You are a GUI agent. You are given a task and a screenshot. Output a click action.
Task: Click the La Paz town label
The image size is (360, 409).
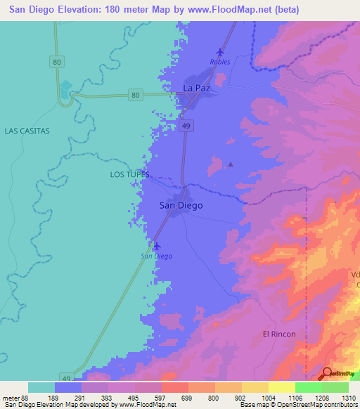197,88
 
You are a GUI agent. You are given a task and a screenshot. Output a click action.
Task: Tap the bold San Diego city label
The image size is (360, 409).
181,205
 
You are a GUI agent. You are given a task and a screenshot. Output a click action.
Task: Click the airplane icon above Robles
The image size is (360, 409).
220,52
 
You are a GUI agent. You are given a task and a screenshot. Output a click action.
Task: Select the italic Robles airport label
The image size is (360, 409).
220,62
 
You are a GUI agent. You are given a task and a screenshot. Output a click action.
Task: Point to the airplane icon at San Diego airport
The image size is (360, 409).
156,246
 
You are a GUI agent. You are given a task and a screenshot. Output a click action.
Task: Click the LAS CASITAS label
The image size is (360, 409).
27,131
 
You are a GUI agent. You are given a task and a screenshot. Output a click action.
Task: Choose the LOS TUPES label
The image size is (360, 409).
130,173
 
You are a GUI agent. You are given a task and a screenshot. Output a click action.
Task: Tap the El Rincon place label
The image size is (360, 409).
279,334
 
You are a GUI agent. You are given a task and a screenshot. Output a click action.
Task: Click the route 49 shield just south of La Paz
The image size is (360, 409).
191,124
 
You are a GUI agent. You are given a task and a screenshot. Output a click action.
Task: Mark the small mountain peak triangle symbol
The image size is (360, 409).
230,164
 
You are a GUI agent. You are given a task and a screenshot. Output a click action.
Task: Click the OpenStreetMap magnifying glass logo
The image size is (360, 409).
328,372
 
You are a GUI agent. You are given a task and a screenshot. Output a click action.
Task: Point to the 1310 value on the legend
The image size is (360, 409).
348,397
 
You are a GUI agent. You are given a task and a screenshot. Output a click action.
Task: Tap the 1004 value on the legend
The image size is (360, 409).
268,397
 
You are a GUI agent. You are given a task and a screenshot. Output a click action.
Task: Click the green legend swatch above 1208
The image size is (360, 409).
308,387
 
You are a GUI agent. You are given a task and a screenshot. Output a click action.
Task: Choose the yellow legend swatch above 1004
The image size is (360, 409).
255,387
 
